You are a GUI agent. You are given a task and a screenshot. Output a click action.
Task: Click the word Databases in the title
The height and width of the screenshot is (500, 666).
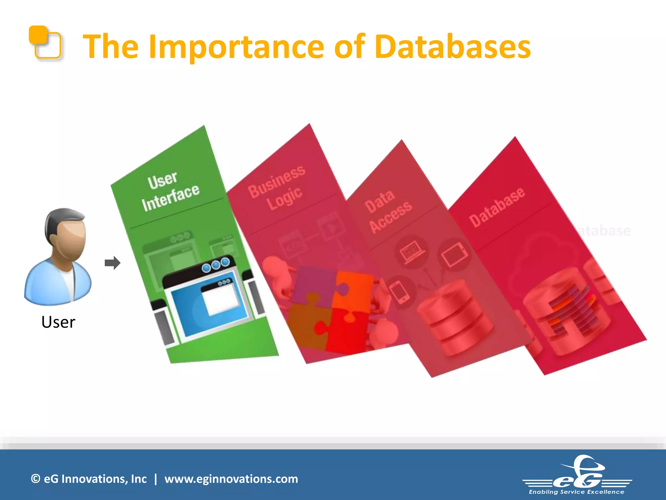click(452, 47)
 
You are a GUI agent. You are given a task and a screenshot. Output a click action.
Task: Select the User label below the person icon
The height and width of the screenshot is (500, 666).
click(58, 322)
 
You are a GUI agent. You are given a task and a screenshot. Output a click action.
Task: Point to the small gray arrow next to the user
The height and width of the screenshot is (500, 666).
click(113, 263)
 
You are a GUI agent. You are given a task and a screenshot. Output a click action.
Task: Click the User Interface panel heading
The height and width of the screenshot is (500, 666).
click(170, 192)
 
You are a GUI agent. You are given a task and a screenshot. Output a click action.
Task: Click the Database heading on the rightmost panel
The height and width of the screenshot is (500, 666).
click(496, 207)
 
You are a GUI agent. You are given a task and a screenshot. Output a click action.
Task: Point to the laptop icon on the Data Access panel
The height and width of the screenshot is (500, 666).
click(412, 252)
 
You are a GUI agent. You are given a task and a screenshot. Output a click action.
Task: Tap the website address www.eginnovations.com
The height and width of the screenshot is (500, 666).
click(231, 479)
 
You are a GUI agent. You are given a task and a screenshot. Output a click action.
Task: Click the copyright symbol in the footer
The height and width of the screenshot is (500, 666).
click(35, 479)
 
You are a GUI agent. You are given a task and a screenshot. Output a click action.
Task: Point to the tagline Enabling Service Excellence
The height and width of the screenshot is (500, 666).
click(576, 492)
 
